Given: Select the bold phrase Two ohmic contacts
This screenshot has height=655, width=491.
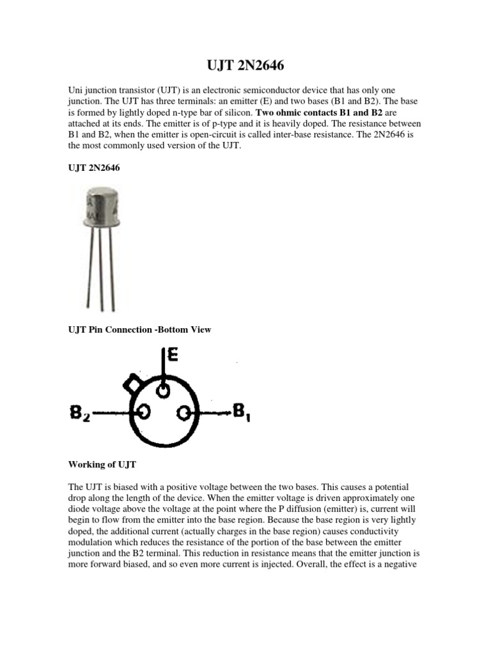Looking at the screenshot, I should (292, 112).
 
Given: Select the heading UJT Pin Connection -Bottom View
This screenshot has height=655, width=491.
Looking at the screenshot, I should (139, 330).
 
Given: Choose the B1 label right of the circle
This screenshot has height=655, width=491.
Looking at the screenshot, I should (242, 413).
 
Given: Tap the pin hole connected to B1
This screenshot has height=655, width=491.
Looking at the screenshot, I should (184, 414).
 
